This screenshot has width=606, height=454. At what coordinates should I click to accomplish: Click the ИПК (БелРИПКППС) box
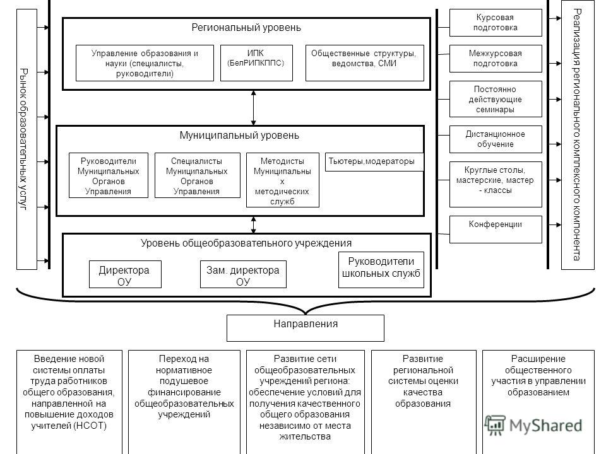256,63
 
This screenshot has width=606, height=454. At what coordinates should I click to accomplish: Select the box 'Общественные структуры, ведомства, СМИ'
364,63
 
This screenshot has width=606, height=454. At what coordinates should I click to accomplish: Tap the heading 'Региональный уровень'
246,28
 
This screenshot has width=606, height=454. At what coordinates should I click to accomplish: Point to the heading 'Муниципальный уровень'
239,136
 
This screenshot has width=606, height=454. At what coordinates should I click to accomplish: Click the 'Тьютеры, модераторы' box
374,162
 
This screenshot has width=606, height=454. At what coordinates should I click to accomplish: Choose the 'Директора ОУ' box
125,274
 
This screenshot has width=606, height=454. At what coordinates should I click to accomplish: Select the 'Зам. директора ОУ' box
243,274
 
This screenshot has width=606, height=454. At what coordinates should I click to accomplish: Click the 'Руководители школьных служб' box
381,270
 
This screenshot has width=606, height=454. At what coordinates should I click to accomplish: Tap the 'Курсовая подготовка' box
496,23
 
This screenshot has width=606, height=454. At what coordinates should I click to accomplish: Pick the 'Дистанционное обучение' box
496,139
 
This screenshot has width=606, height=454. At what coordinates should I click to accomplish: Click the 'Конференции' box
496,230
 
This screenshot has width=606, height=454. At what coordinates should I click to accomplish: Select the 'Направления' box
306,328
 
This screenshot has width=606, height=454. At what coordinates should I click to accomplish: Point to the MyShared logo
533,426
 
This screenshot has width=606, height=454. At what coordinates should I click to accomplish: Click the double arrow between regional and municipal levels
254,108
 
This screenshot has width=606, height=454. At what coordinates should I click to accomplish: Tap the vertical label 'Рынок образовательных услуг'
24,139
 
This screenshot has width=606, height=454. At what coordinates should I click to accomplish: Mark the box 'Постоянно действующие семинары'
496,99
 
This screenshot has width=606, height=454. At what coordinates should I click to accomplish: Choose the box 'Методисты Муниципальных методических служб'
283,180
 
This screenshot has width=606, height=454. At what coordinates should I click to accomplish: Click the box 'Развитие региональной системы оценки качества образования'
424,402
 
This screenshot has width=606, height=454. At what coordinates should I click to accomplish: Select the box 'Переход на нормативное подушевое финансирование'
184,402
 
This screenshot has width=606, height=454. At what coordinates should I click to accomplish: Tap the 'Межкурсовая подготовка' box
496,59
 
